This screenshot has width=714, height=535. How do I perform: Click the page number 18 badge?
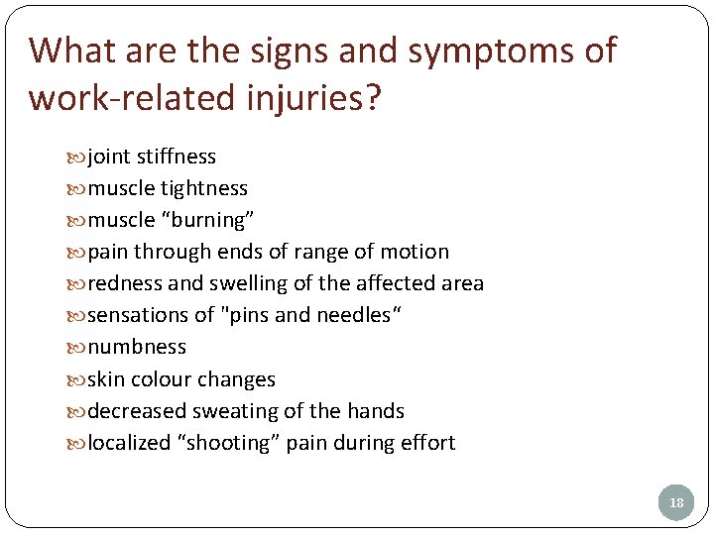click(x=676, y=503)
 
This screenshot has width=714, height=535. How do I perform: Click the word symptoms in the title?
click(x=474, y=50)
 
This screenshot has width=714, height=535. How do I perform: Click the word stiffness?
click(x=178, y=157)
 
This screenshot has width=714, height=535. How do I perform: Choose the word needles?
click(x=350, y=315)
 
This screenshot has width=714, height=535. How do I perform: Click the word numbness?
click(x=137, y=347)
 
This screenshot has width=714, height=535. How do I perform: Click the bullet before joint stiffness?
click(x=77, y=158)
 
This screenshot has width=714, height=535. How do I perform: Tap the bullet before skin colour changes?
click(x=77, y=379)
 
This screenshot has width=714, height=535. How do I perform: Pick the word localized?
click(x=130, y=443)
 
